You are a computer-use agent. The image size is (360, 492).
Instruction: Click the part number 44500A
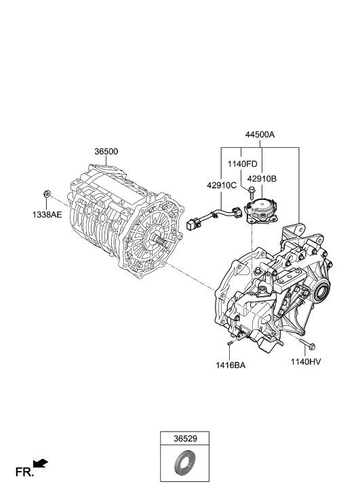click(260, 134)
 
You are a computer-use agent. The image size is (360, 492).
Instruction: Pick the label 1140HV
click(306, 362)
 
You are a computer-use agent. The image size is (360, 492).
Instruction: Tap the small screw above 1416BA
click(231, 346)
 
